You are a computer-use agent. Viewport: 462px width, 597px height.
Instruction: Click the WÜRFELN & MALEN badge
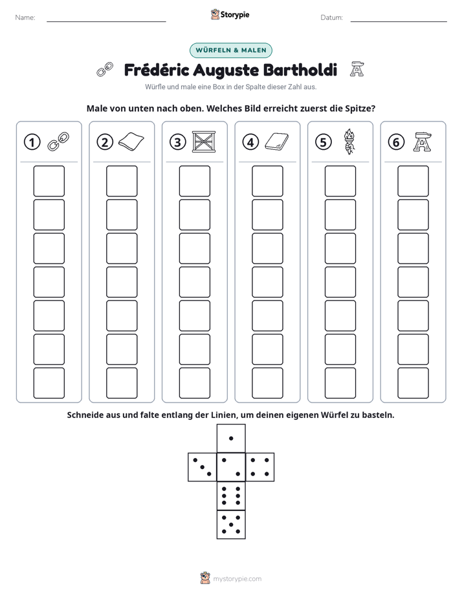pos(231,50)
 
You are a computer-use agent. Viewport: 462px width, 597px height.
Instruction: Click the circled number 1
pos(32,142)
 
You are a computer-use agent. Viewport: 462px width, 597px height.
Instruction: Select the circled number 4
pos(250,142)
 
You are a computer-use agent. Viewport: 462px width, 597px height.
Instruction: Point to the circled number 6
pos(396,142)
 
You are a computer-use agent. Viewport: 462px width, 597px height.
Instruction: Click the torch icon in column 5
pos(349,141)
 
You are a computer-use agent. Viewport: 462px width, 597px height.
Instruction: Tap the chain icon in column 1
pos(58,141)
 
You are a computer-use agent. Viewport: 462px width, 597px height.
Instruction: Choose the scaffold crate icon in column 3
pos(204,142)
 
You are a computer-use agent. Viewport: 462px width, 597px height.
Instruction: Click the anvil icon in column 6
pos(423,142)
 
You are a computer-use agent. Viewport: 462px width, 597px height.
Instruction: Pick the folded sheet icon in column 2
pos(131,141)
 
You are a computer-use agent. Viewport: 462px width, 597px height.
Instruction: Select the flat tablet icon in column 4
pos(277,141)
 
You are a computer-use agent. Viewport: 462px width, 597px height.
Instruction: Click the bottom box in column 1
pos(49,383)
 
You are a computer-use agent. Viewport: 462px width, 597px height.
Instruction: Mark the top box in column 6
pos(413,181)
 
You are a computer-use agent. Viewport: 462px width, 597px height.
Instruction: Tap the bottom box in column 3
pos(194,383)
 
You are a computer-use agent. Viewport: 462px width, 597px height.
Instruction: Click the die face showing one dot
pos(231,438)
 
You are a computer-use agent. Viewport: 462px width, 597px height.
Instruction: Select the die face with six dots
pos(231,496)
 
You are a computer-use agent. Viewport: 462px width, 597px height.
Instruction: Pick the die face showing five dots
pos(231,524)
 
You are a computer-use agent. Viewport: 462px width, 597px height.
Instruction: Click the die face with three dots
pos(203,466)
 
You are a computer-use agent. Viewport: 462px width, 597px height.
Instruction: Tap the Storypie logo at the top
pos(230,14)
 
